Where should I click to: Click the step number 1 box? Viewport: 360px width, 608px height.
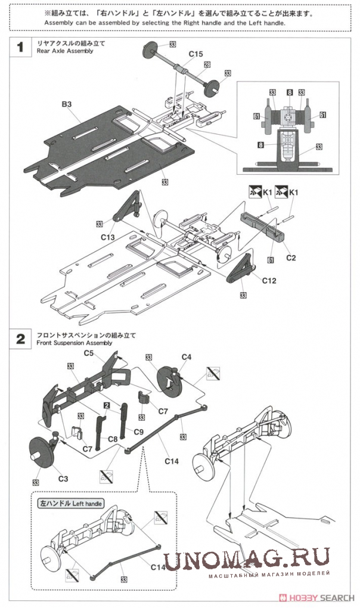(20, 48)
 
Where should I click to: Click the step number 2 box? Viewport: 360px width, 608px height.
(20, 339)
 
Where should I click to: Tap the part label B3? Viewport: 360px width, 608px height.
(66, 104)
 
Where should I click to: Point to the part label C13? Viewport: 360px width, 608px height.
(108, 237)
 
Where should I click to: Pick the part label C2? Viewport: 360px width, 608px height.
(291, 258)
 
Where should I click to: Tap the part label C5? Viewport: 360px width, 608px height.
(88, 353)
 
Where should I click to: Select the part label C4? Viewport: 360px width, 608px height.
(187, 356)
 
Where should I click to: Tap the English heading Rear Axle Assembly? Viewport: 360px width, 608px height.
(65, 51)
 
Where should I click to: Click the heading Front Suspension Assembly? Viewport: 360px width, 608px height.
(75, 343)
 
